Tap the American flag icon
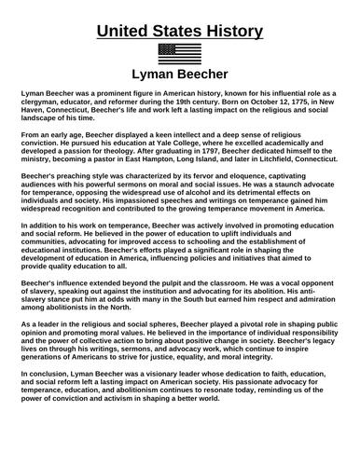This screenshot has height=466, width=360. coord(180,52)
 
